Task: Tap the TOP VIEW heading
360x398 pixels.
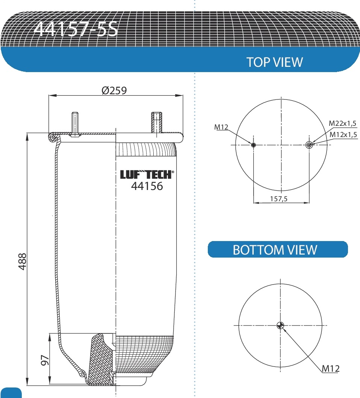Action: tap(274, 62)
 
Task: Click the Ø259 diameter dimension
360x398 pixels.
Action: tap(114, 90)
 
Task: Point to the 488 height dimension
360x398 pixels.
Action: tap(22, 261)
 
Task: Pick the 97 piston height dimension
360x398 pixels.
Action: tap(45, 360)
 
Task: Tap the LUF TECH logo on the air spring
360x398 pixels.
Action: tap(147, 175)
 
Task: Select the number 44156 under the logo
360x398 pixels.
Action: tap(147, 186)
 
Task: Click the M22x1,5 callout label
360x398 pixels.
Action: tap(342, 123)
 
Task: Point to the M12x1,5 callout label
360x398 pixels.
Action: tap(343, 134)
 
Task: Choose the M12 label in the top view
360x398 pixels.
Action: tap(221, 127)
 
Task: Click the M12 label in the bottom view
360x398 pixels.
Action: tap(330, 369)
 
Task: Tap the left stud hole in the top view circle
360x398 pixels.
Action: tap(254, 145)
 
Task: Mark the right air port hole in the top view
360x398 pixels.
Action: tap(309, 145)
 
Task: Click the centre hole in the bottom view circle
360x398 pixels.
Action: tap(280, 325)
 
